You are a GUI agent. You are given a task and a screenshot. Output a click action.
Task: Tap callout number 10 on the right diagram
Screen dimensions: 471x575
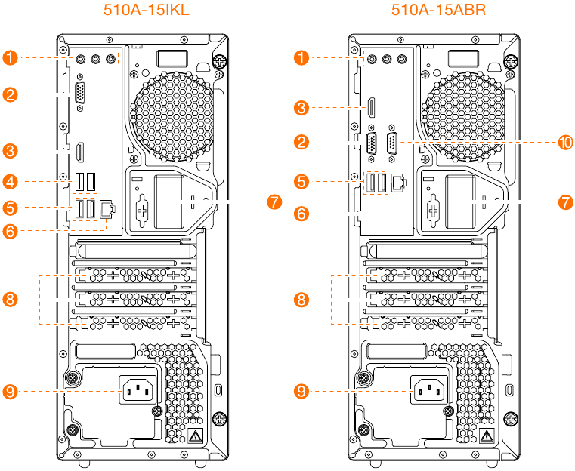pyautogui.click(x=565, y=142)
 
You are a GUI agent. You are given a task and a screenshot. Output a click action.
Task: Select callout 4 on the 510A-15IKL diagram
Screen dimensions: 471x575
pyautogui.click(x=10, y=181)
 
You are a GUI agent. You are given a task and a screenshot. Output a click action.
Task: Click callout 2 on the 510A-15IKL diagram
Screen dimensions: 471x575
pyautogui.click(x=10, y=94)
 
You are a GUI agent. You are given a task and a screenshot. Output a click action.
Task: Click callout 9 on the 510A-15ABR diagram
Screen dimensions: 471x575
pyautogui.click(x=302, y=391)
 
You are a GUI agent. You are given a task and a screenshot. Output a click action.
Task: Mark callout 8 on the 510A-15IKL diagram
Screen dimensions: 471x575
pyautogui.click(x=10, y=300)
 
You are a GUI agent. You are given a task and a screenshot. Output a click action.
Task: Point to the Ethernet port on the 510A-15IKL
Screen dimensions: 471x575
pyautogui.click(x=107, y=208)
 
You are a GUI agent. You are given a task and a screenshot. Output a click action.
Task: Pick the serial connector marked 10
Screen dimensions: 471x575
pyautogui.click(x=392, y=143)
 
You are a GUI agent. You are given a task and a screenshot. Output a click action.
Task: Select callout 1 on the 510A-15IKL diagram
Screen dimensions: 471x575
pyautogui.click(x=10, y=57)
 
